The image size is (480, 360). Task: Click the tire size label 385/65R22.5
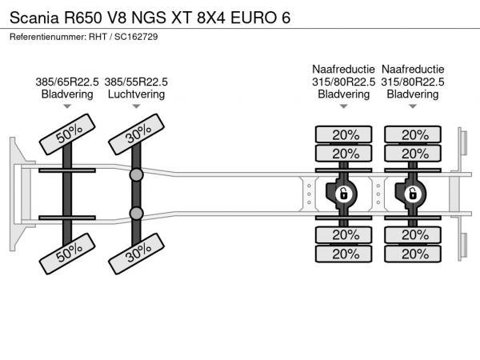(67, 81)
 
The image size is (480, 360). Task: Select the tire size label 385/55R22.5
(136, 81)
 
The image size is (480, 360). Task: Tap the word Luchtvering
(136, 94)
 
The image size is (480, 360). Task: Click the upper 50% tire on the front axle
(67, 136)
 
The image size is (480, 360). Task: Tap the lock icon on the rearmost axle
(413, 193)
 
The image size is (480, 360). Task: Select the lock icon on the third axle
(344, 193)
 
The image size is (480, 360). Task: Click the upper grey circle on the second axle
(137, 174)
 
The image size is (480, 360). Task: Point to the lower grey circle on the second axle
(137, 213)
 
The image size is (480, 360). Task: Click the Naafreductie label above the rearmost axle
(413, 69)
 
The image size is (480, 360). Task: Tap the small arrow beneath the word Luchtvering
(136, 106)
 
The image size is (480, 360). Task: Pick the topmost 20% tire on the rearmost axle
(413, 134)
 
